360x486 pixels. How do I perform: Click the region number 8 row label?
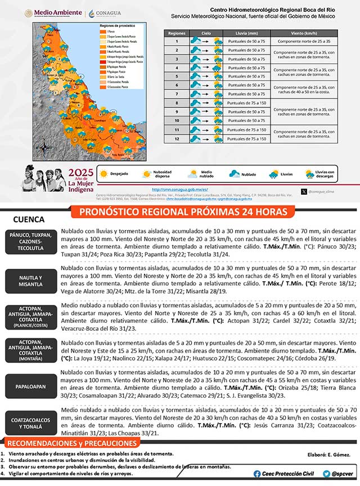point(176,103)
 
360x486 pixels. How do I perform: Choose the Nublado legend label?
point(248,174)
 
